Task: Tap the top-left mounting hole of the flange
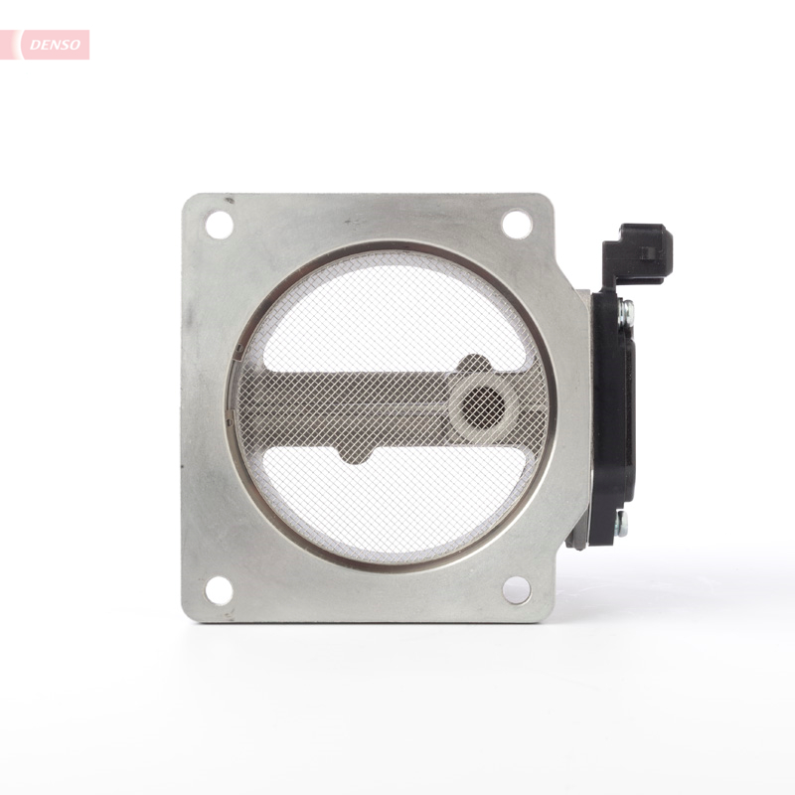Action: (x=219, y=225)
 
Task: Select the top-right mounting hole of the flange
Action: (x=516, y=225)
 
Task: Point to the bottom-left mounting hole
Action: (x=219, y=590)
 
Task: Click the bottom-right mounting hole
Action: (x=516, y=589)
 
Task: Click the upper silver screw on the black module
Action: (x=624, y=313)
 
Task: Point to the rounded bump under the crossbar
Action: (x=355, y=454)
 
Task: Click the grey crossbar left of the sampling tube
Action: (x=338, y=407)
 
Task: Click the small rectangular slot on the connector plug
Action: (x=647, y=252)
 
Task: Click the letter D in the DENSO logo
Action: (x=33, y=45)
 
